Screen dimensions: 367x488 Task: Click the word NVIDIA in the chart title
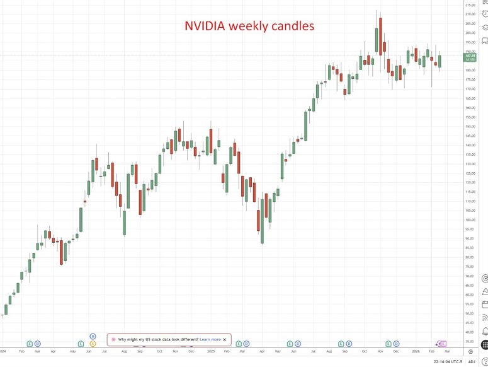[x=205, y=26]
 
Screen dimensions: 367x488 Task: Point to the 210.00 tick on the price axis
[x=470, y=14]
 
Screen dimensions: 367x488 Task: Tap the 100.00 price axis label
[x=470, y=220]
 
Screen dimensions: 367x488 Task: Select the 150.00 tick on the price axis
[x=470, y=126]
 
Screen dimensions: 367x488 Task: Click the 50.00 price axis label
[x=470, y=313]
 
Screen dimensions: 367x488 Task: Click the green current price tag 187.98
[x=470, y=56]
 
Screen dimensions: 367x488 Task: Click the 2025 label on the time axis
[x=210, y=351]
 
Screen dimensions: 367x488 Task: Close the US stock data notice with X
[x=225, y=339]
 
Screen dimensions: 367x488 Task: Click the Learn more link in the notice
[x=210, y=339]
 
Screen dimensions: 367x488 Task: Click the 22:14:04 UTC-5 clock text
[x=448, y=362]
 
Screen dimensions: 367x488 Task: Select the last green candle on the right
[x=440, y=61]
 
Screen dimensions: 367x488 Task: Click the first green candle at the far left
[x=6, y=309]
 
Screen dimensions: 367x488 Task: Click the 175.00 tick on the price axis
[x=470, y=79]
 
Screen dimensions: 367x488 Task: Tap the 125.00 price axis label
[x=470, y=173]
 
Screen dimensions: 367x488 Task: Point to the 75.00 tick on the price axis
[x=470, y=267]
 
